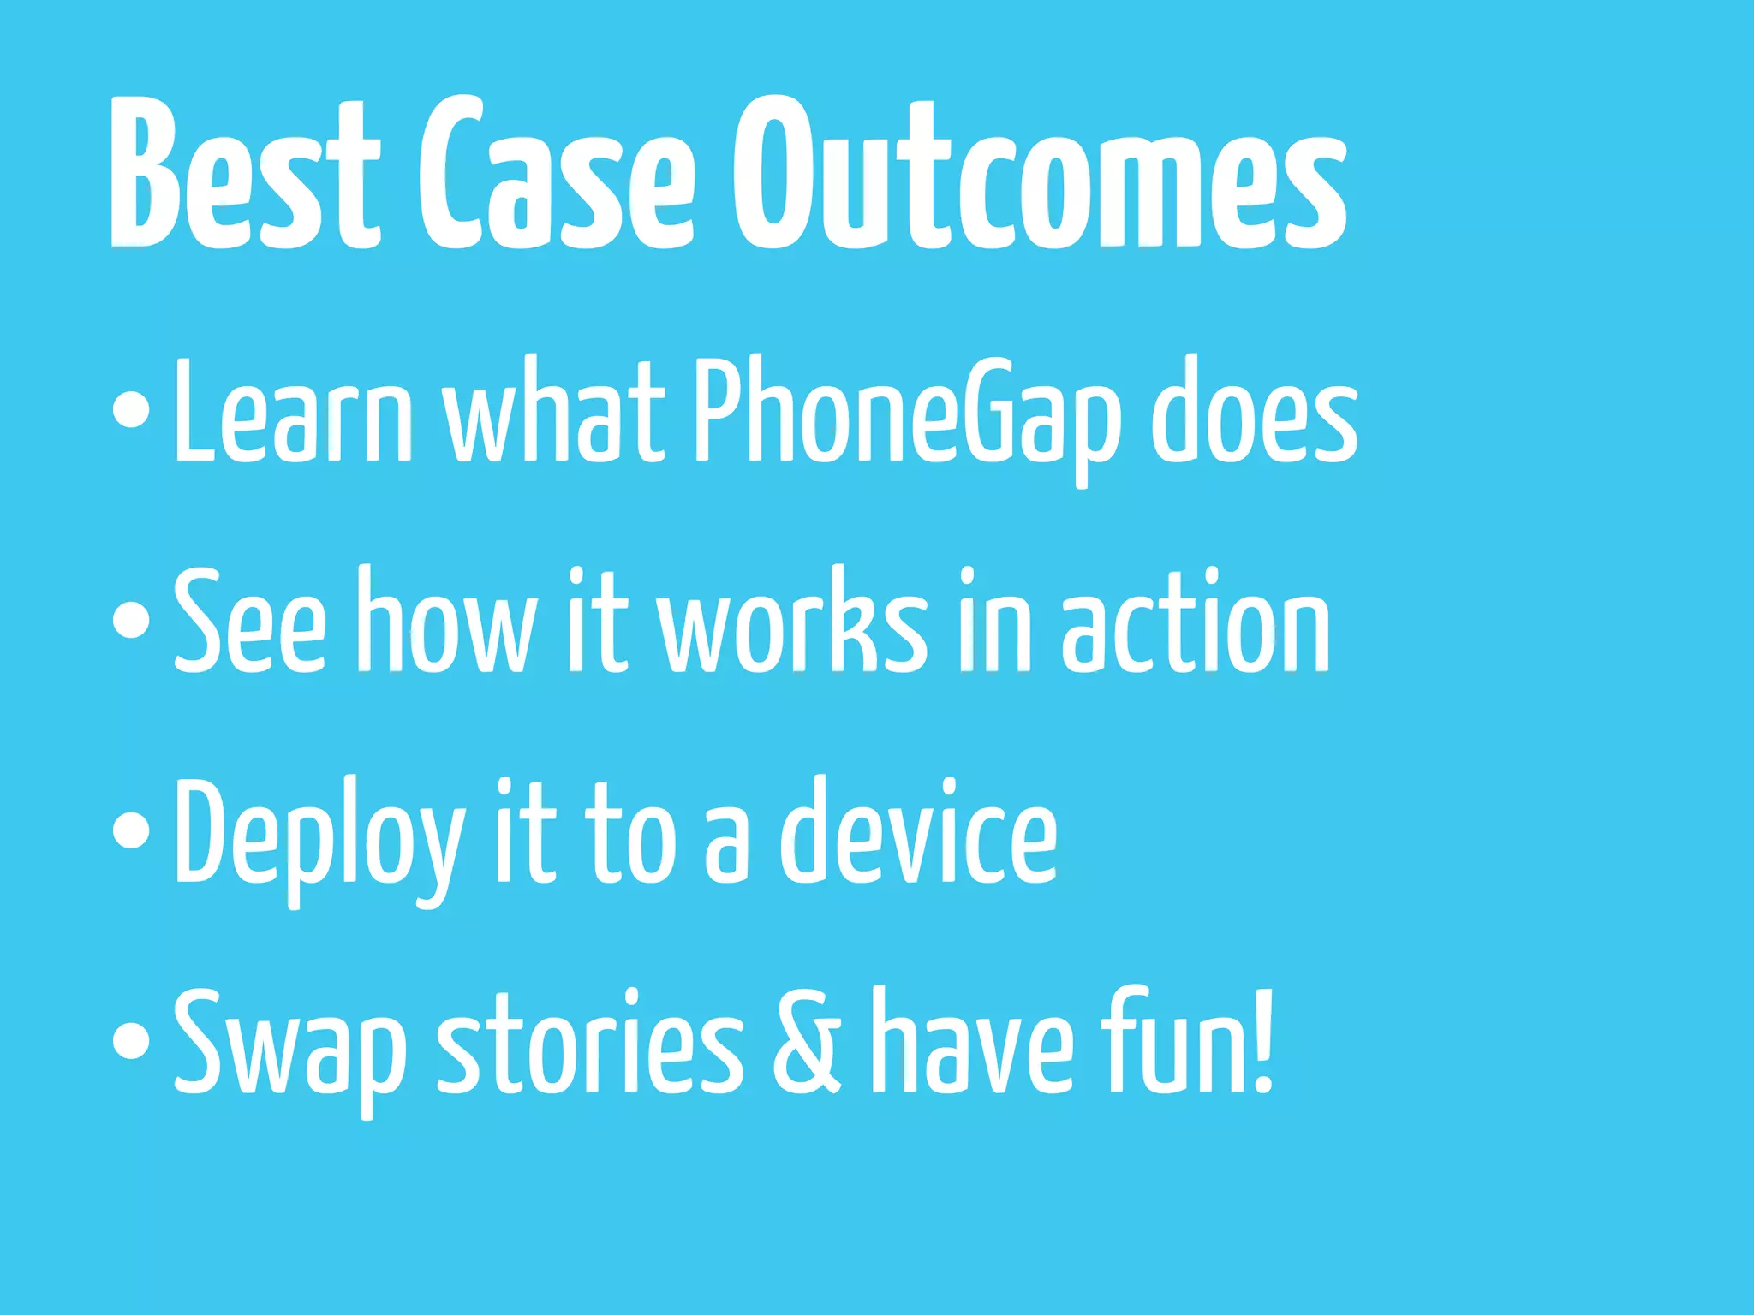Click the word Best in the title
click(x=244, y=176)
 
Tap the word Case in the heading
click(x=556, y=176)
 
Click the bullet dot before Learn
click(x=131, y=409)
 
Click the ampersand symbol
click(x=806, y=1042)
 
